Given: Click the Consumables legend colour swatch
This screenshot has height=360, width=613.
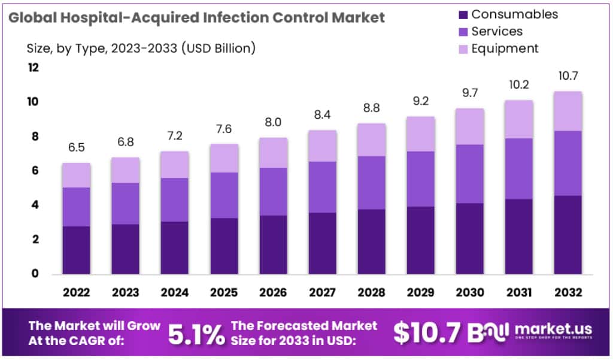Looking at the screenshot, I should point(461,14).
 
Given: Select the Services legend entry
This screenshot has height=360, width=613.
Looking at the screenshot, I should point(496,31).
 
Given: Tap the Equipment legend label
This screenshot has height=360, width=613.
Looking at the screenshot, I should point(505,49).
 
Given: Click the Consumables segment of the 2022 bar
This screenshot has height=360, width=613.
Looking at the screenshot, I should point(76,250).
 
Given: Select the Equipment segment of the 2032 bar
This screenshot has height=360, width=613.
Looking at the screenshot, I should point(566,111).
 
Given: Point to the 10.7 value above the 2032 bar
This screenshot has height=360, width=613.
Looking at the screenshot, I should point(566,76).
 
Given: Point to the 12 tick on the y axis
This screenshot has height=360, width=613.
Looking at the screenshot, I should point(34,68).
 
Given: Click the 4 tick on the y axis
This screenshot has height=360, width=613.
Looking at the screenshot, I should point(35,205).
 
